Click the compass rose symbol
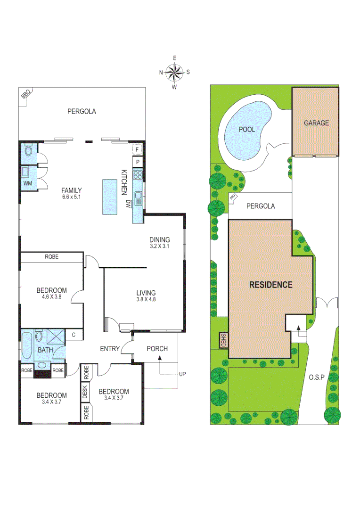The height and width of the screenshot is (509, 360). coord(174,72)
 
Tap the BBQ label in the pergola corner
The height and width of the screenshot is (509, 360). coord(25,95)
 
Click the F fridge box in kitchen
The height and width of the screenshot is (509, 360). coord(137,150)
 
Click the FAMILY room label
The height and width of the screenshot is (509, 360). coord(71,190)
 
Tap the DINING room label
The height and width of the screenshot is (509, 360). coord(159,239)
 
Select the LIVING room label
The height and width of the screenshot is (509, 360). coord(146,293)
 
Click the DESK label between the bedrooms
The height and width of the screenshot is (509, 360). coord(85,392)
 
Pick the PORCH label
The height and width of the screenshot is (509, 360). coord(157,349)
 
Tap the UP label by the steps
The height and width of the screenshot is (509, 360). coord(182,374)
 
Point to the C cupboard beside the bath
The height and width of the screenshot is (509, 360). coord(74,335)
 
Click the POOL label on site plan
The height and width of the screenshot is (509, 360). coord(246,129)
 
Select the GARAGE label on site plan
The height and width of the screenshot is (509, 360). coord(316,123)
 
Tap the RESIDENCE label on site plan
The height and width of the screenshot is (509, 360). coord(270,285)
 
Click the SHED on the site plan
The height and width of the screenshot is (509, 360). coord(224,340)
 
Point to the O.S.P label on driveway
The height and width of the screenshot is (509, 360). coord(317,377)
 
